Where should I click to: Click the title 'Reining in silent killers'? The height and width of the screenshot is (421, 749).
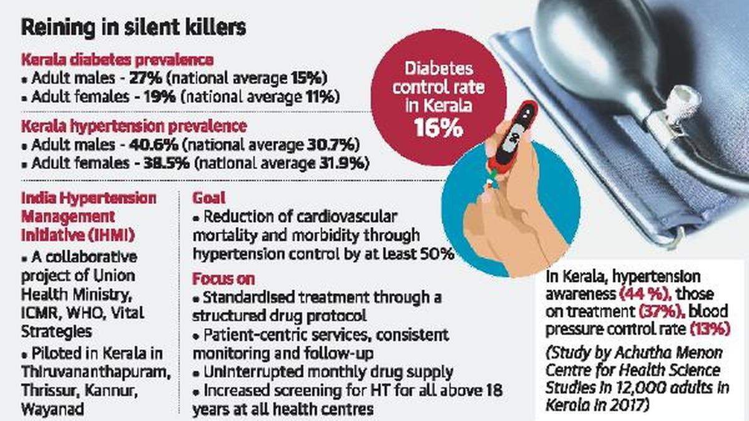134,28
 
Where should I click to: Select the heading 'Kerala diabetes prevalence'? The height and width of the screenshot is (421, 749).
117,60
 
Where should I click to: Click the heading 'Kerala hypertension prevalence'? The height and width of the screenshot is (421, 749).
134,126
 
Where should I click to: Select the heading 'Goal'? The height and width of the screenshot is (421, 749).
205,198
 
